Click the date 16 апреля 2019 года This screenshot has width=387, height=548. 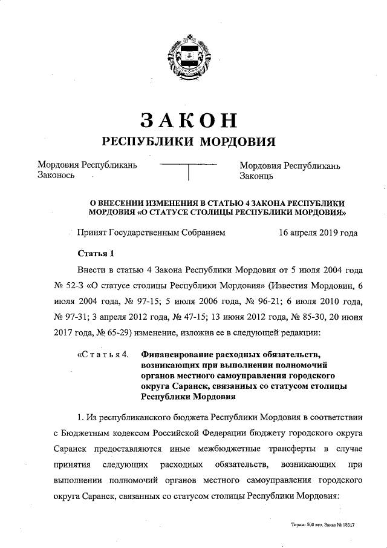click(318, 233)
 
